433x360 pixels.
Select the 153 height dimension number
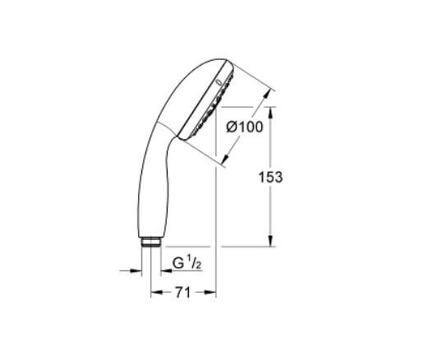(x=270, y=177)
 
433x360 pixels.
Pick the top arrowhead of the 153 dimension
(x=270, y=111)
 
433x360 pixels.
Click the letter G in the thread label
(x=177, y=265)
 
